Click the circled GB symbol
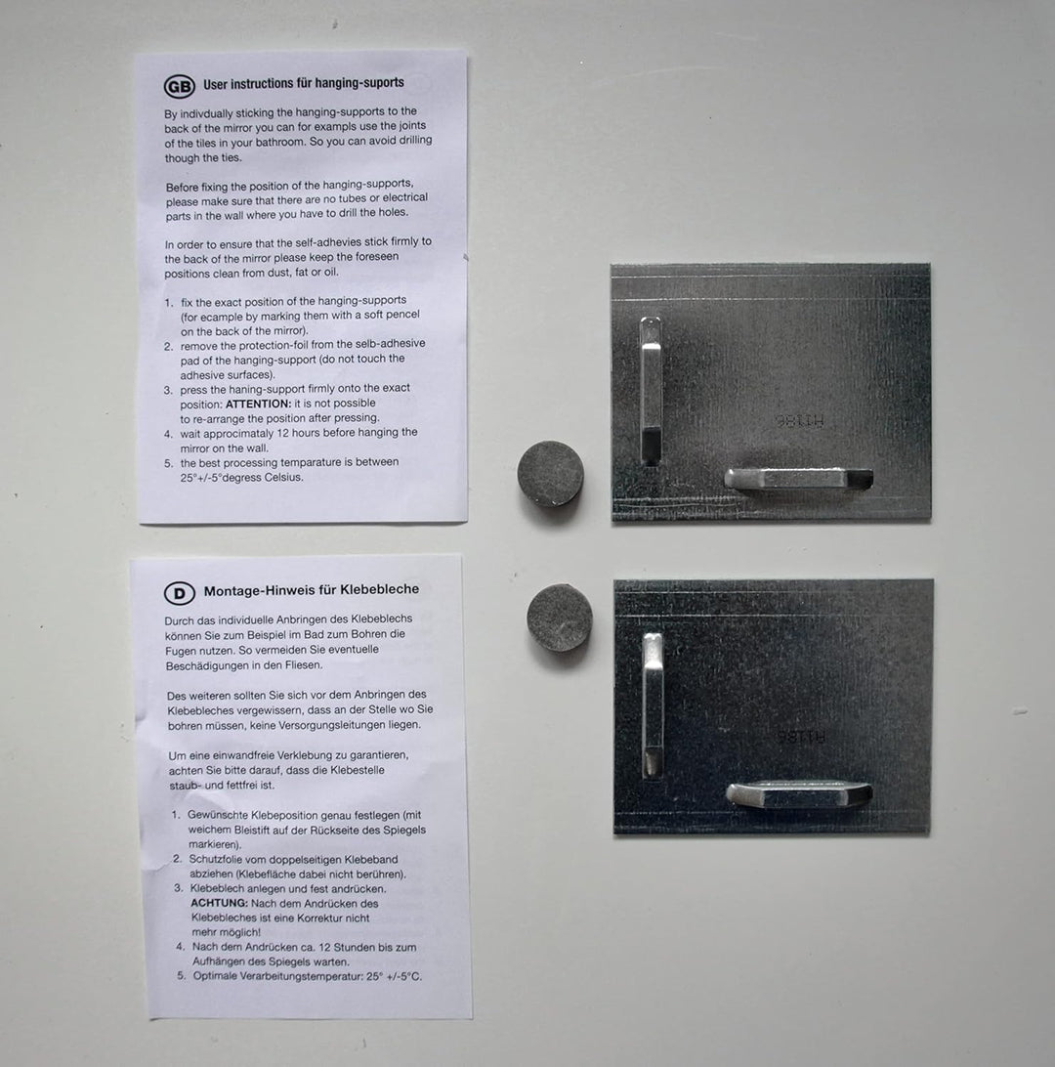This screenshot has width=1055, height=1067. tap(180, 86)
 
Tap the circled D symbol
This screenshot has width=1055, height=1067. tap(180, 593)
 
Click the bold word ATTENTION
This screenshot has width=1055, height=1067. tap(258, 404)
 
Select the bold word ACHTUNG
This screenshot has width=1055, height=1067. tap(219, 903)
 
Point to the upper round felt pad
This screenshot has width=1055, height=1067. tap(550, 474)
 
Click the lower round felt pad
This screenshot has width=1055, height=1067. tap(560, 618)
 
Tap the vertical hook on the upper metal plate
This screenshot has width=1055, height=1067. tap(651, 391)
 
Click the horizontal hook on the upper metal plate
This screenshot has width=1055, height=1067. tap(798, 479)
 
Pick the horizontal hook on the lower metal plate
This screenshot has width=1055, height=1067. tap(799, 794)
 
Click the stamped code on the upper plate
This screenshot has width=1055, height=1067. tap(799, 421)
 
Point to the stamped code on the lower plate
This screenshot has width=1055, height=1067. tap(802, 737)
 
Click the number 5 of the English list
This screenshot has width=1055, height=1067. tap(169, 463)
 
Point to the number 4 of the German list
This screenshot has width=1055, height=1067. tap(181, 947)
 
